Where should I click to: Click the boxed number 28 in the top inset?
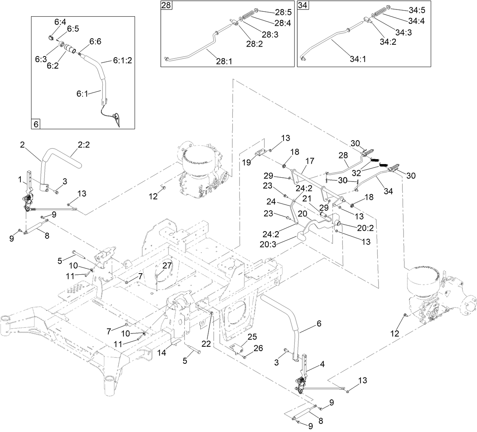click(x=166, y=6)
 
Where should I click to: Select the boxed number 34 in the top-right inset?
click(x=302, y=6)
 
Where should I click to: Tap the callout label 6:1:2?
click(x=122, y=60)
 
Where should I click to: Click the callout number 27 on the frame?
click(x=167, y=265)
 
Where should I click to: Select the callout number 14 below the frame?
click(x=162, y=352)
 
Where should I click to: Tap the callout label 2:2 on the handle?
click(x=84, y=144)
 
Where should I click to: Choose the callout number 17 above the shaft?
click(x=309, y=161)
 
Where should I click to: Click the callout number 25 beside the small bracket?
click(x=252, y=336)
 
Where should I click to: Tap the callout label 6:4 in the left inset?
click(x=60, y=22)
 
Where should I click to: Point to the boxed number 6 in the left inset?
click(x=36, y=124)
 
